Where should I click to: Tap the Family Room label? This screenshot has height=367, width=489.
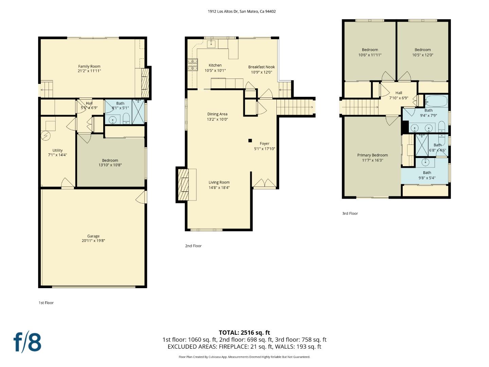tap(89, 66)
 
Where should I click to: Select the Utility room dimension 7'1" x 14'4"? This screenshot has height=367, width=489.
tap(57, 155)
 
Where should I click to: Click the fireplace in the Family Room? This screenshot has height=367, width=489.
tap(145, 83)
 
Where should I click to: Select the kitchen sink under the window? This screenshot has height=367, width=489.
tap(211, 43)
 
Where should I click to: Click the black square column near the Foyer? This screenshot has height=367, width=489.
tap(250, 140)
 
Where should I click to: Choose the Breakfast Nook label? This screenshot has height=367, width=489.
tap(261, 67)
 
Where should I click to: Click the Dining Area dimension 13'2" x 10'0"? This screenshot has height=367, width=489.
tap(217, 119)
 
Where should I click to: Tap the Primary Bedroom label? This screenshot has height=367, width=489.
tap(373, 155)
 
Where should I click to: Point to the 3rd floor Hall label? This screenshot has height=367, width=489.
tap(399, 93)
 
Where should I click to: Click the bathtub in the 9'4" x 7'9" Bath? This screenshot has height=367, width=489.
tap(436, 101)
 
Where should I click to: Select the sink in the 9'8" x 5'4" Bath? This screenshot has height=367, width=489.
tap(425, 162)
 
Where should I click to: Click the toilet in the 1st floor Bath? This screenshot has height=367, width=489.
tap(126, 119)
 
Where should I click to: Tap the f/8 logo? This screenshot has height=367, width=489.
tap(27, 342)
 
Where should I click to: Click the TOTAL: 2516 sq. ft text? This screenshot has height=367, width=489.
tap(244, 333)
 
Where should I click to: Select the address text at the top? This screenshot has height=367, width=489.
tap(241, 11)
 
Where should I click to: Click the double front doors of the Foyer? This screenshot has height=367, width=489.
tap(265, 183)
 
